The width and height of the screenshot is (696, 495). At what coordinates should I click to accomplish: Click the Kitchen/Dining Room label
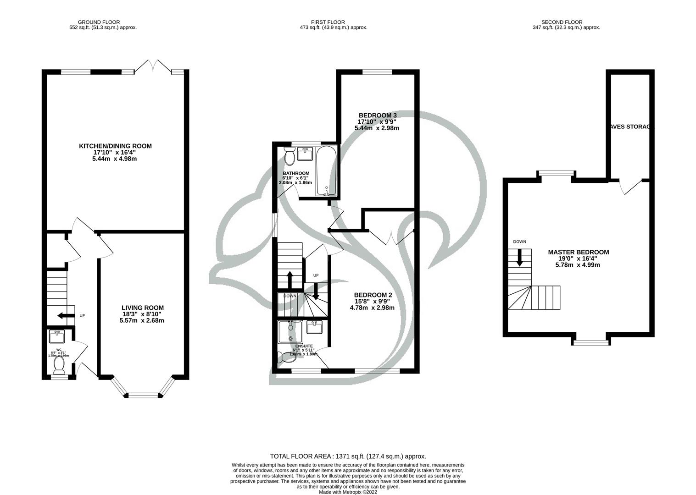pos(115,146)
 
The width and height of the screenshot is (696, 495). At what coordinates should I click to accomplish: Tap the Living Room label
pos(142,308)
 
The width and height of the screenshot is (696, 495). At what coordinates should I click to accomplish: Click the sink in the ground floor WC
pos(58,337)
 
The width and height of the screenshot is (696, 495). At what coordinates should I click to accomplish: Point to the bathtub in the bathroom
pos(326,171)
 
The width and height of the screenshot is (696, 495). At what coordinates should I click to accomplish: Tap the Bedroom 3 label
pos(377,115)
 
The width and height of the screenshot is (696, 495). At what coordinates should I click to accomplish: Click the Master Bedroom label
pos(578,252)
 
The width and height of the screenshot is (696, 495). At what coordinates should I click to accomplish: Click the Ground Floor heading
pos(99,22)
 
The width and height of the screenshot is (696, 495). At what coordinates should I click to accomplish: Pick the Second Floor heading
pos(562,22)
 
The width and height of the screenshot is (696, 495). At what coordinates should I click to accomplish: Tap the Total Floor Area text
pos(348,456)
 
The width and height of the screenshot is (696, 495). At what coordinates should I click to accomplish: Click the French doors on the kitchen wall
pos(153,66)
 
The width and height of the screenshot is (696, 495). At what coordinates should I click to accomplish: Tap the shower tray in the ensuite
pos(290,331)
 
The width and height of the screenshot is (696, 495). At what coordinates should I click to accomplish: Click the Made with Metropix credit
pos(348,492)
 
